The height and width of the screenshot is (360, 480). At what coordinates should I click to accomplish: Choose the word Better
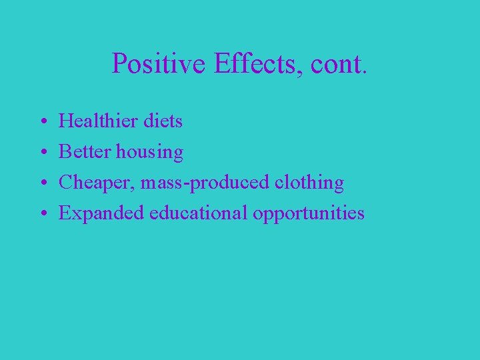click(x=85, y=152)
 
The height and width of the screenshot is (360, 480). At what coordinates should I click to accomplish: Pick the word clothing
click(x=311, y=183)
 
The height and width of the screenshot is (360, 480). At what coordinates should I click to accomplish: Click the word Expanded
click(x=102, y=214)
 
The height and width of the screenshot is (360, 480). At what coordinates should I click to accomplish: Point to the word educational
click(x=199, y=213)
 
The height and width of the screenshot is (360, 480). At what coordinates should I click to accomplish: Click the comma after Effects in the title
click(x=295, y=73)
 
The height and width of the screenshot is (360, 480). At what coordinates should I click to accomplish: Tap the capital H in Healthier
click(x=66, y=121)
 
